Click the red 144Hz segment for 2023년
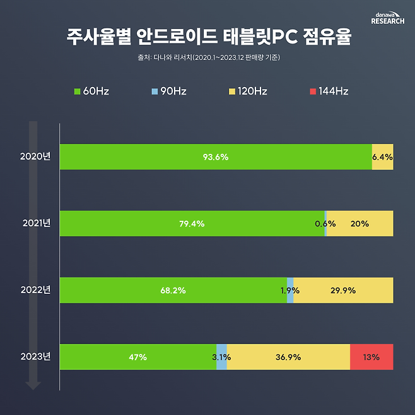(371, 357)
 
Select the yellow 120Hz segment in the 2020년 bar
(383, 157)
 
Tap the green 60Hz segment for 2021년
(192, 223)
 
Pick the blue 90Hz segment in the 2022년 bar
(290, 290)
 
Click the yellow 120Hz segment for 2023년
(288, 357)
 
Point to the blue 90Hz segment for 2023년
(221, 357)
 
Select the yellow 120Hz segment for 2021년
(359, 223)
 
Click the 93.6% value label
(216, 157)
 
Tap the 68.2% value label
(173, 291)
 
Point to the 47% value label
(137, 358)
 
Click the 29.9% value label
(343, 291)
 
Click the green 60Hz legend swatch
(78, 91)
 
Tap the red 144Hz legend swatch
(313, 91)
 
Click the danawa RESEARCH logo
(388, 18)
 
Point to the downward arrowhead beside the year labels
(33, 384)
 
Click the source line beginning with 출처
(208, 58)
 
